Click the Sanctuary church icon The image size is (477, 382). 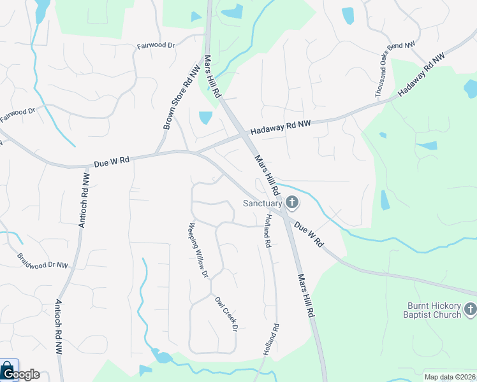[x=292, y=204]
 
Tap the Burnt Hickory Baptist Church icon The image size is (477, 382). [x=470, y=310]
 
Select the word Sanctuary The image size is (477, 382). [x=262, y=204]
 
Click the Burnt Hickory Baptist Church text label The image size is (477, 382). [x=432, y=310]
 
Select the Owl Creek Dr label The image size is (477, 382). [x=226, y=314]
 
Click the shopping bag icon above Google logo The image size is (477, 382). [x=8, y=369]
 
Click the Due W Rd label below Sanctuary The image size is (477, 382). [x=309, y=234]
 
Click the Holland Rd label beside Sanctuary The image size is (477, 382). [x=267, y=231]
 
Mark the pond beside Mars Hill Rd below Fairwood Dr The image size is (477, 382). [x=205, y=118]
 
